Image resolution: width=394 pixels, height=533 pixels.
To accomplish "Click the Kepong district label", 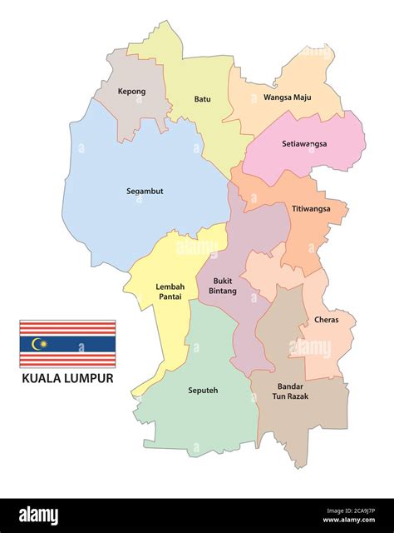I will tap(131, 92).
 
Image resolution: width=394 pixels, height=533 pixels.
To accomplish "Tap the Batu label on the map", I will tap(202, 99).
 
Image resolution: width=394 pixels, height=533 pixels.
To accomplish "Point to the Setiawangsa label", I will tap(304, 143).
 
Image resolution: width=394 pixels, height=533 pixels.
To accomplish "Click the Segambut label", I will tap(145, 191).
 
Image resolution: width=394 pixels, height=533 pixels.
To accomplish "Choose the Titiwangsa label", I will tap(311, 208).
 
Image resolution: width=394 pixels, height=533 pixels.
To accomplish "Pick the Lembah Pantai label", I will tap(170, 291).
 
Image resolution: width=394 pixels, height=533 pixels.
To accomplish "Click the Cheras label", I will tap(326, 320).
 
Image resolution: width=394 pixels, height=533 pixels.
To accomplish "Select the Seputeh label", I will tap(203, 390).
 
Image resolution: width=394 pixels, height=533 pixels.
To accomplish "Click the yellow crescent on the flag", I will tap(36, 343).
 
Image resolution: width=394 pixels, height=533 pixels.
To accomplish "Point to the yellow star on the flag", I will tap(43, 343).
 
